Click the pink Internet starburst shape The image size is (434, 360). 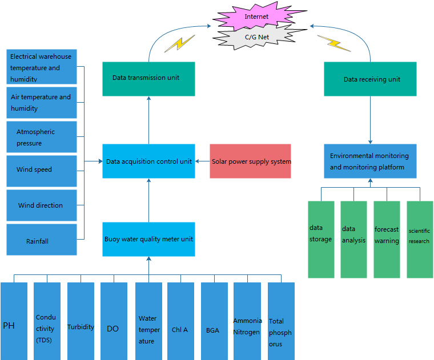point(256,17)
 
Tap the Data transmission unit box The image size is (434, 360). point(148,78)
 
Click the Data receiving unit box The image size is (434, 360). point(370,79)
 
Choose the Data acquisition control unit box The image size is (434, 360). point(148,161)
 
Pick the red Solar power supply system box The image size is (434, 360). point(251,161)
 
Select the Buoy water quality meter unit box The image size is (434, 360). point(148,239)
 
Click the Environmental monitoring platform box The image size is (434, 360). point(370,161)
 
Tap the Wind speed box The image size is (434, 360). point(42,170)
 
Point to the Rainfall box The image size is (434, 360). point(42,240)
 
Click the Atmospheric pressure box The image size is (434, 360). point(42,137)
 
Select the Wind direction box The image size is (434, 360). point(42,205)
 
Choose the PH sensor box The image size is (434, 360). point(14,321)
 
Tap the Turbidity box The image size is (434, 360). point(81,321)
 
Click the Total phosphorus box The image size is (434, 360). point(281,321)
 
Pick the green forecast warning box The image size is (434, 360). point(387,239)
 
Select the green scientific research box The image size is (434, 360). point(420,239)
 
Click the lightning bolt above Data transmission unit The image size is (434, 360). point(179,45)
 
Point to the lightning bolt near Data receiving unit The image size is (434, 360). point(333,43)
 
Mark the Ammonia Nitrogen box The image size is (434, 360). point(247,321)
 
